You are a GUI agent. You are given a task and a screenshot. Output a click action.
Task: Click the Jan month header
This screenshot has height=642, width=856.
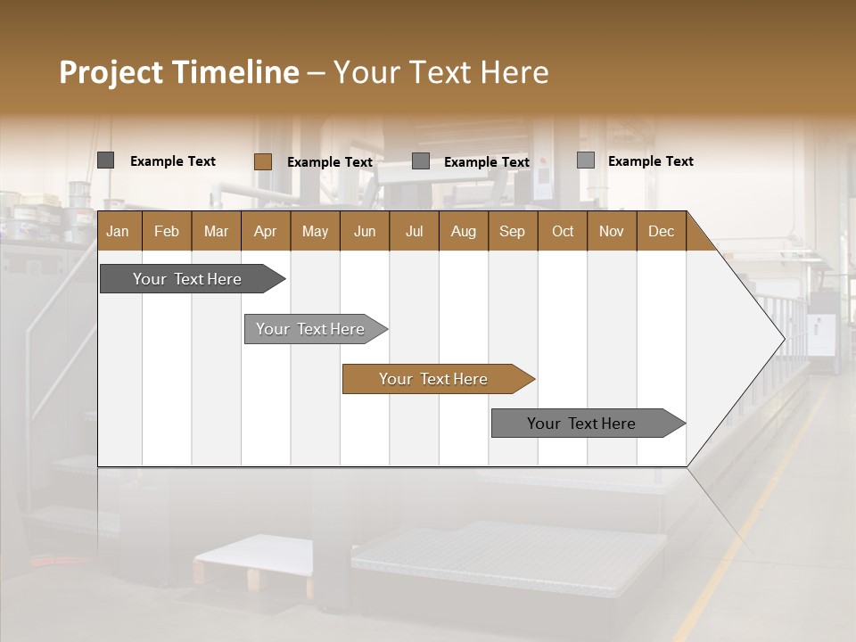click(119, 231)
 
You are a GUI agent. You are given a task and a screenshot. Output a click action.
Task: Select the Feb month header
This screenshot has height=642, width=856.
click(167, 231)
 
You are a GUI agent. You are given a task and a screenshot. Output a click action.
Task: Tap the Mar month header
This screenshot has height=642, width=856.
click(216, 231)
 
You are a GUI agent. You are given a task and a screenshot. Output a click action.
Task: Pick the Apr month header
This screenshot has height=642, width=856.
click(266, 231)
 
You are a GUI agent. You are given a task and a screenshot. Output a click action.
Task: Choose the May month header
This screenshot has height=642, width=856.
click(315, 231)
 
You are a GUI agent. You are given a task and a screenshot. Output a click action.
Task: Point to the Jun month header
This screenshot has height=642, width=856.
click(365, 231)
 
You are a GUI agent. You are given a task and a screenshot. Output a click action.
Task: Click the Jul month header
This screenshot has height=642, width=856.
click(414, 231)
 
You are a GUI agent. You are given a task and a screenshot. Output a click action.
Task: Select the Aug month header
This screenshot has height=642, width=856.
click(464, 231)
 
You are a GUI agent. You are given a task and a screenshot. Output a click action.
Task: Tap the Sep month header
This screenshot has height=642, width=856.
click(513, 231)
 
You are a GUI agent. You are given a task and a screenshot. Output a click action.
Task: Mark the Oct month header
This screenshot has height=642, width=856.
click(563, 231)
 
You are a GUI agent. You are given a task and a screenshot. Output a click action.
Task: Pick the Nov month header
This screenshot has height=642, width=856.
click(612, 231)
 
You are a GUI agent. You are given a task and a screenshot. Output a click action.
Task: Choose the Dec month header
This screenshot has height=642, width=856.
click(662, 231)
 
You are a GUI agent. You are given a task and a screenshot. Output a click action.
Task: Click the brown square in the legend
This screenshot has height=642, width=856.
click(263, 161)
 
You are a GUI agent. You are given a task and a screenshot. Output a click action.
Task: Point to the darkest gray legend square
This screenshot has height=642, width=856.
click(106, 160)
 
